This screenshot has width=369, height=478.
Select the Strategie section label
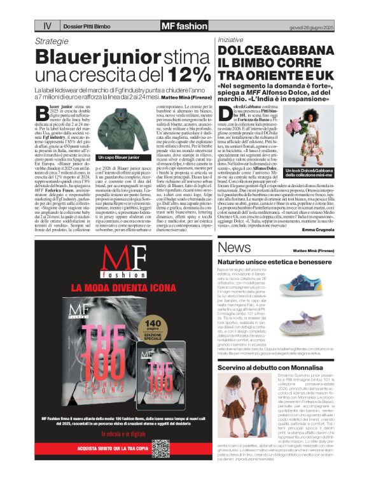[52, 41]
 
